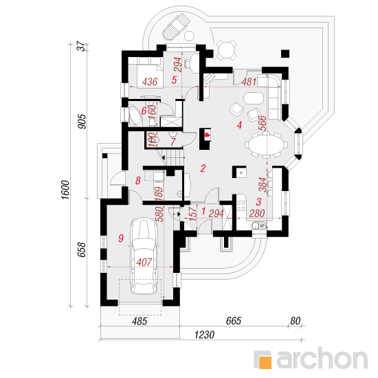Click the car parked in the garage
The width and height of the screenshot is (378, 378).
coord(144,256)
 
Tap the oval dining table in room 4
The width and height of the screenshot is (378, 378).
coord(265,145)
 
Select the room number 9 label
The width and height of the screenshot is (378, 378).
coord(121,238)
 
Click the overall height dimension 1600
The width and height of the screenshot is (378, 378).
coord(65,190)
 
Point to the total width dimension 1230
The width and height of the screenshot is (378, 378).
coord(204,335)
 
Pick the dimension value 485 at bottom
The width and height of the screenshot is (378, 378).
coord(140,322)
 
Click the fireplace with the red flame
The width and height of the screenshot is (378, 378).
coord(205,139)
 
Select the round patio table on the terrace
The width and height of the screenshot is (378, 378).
coord(226,50)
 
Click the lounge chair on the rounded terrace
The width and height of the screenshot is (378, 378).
coord(175,27)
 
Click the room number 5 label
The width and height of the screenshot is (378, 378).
coord(174,80)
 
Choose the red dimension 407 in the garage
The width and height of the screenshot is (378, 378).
coord(144,263)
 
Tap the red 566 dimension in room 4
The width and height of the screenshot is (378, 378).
coord(263,123)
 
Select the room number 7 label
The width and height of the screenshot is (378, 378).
coord(173,142)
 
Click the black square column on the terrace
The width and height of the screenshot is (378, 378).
coord(285,54)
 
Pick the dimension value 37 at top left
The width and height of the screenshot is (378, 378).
coord(81,46)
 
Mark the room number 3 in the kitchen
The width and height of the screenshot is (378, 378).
coord(258,202)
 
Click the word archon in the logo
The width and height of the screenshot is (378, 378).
coord(322,359)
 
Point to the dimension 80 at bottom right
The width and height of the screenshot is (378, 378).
coord(295,321)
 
